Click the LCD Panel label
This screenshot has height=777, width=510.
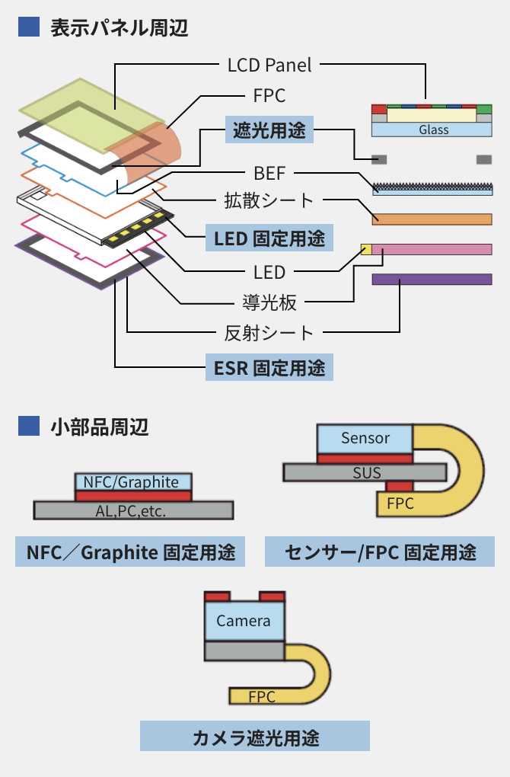click(269, 65)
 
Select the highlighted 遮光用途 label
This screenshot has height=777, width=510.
click(269, 131)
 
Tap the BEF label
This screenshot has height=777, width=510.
click(269, 172)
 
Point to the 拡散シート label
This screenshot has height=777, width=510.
click(269, 200)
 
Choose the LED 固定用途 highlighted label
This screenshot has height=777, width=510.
click(269, 238)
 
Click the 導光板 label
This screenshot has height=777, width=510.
click(269, 302)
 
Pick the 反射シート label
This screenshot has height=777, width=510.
click(269, 332)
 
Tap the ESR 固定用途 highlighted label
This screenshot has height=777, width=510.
click(269, 369)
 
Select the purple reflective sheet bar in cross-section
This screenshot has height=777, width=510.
click(432, 280)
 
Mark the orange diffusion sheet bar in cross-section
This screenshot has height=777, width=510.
click(432, 219)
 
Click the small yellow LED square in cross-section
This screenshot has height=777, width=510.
click(365, 249)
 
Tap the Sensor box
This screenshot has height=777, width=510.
click(365, 439)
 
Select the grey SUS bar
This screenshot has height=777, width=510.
click(365, 472)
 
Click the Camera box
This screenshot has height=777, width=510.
click(244, 621)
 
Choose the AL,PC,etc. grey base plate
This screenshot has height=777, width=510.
click(133, 510)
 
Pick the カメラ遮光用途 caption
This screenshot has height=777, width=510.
click(255, 737)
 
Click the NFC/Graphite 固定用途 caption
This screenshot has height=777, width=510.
click(130, 552)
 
